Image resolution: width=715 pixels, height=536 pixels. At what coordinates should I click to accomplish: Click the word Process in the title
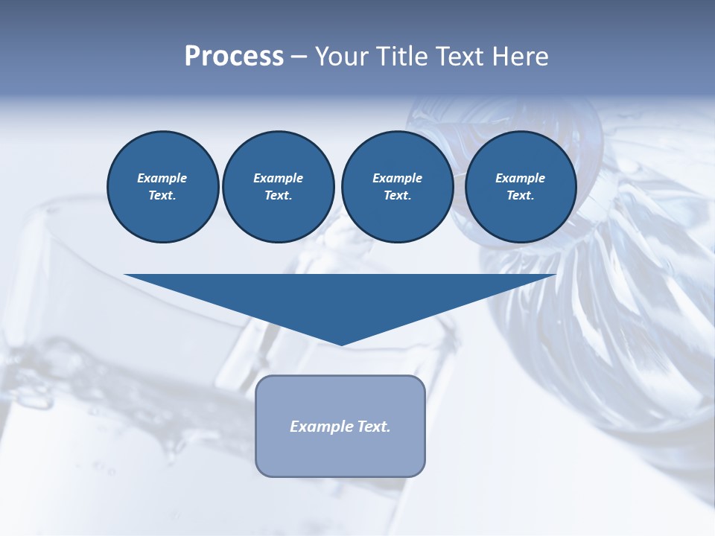[234, 57]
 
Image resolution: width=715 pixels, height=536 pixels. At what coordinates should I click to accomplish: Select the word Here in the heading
[521, 57]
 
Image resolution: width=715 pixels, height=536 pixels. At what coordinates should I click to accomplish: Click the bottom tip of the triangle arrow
[341, 344]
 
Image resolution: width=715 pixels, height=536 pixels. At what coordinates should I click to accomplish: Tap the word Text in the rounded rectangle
[374, 427]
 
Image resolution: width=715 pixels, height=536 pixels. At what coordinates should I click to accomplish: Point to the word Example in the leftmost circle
[162, 178]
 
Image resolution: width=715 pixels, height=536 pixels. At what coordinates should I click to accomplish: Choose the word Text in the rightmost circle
[520, 196]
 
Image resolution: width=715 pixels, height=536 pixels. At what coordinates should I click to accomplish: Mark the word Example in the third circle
[397, 178]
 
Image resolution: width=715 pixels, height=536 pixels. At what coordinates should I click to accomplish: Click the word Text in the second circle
[277, 196]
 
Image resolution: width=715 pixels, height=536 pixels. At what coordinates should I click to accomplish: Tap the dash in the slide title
[299, 57]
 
